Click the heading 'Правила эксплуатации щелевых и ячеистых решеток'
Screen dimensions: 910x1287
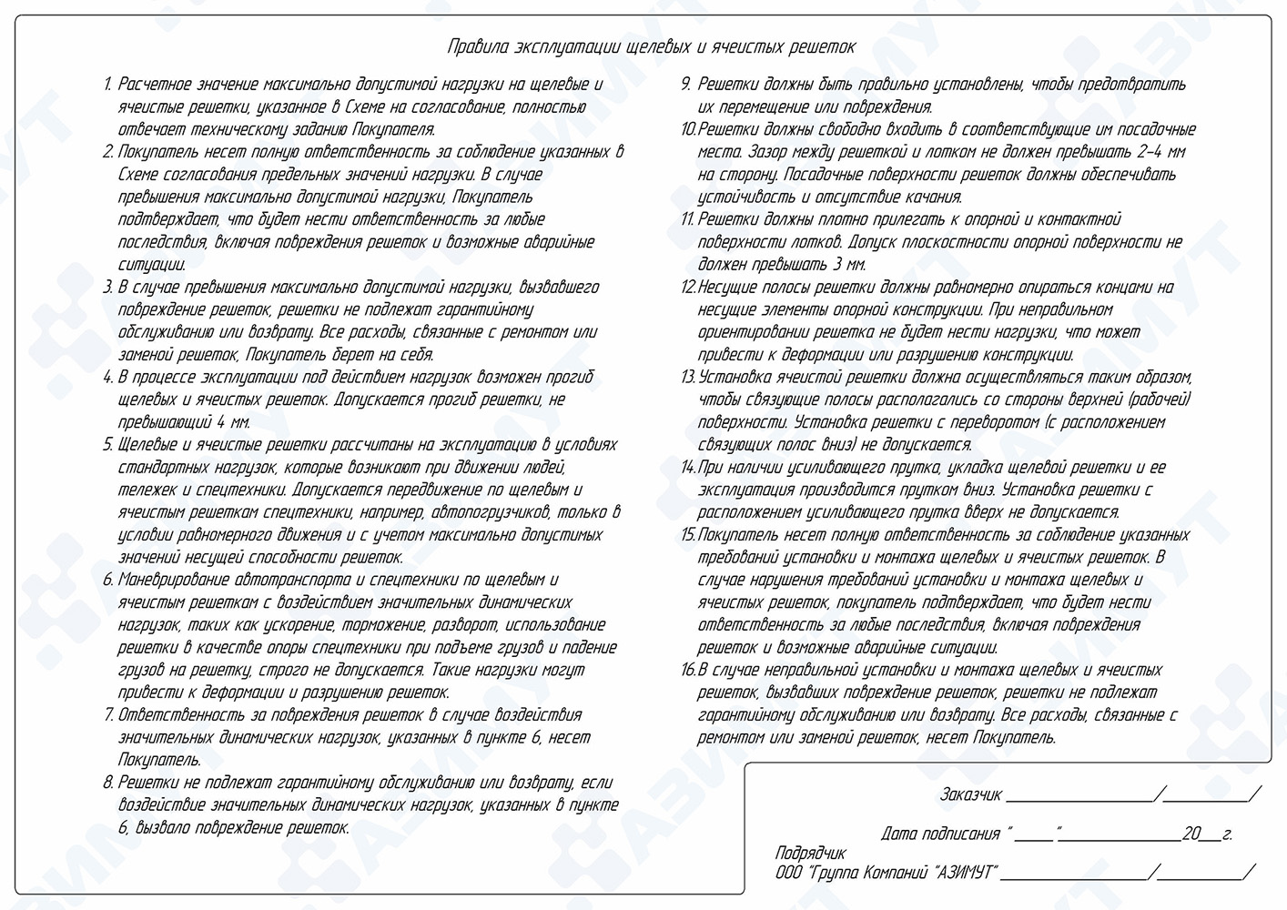point(651,47)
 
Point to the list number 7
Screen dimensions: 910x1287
point(109,715)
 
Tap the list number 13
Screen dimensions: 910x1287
point(688,378)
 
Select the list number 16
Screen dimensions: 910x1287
point(688,671)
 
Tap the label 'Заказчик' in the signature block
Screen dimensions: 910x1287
point(970,795)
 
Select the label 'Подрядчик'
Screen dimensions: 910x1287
point(810,854)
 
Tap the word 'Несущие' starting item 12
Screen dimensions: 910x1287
point(727,288)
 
